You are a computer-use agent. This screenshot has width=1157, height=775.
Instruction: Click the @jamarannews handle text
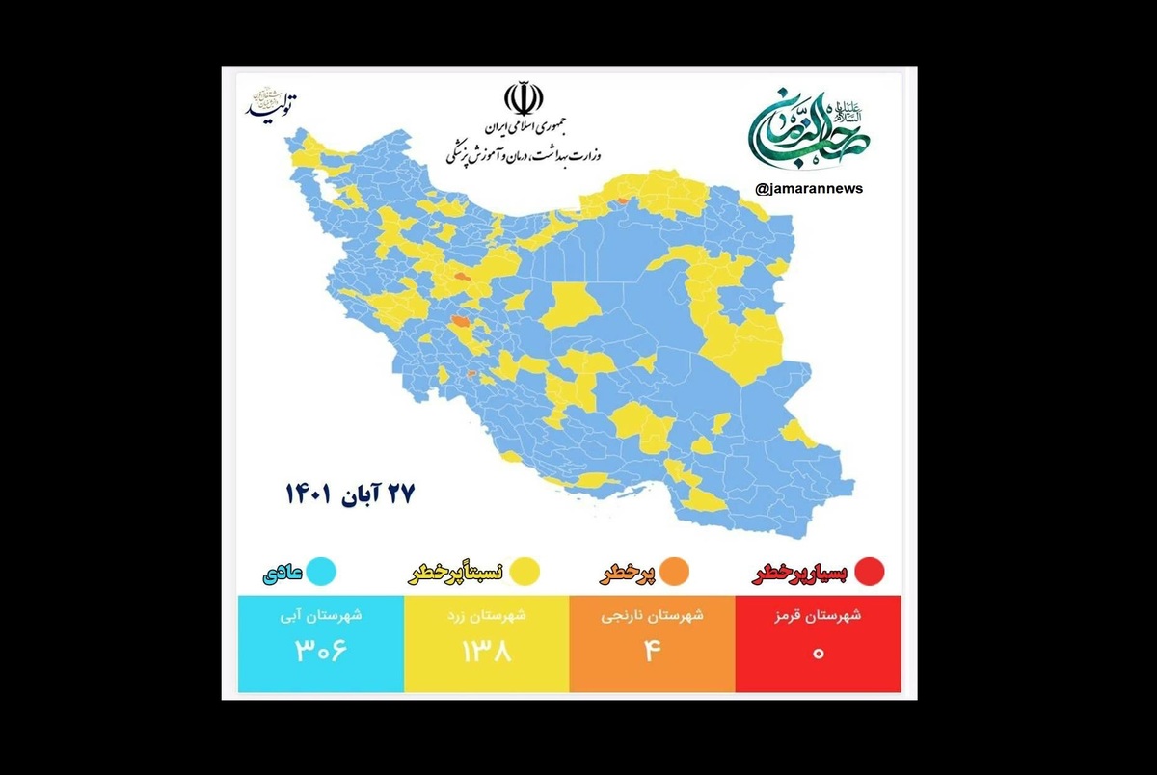point(810,189)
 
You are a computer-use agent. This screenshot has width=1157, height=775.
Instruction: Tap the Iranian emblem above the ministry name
point(524,99)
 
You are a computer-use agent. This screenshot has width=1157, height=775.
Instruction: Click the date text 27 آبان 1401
point(349,495)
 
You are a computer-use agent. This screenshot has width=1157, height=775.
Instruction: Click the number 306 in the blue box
point(320,651)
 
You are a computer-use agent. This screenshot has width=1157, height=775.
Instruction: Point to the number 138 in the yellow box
point(487,651)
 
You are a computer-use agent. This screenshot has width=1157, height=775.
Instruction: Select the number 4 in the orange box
point(652,651)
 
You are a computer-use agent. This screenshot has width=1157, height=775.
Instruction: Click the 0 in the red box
point(819,652)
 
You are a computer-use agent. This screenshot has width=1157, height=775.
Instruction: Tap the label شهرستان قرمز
point(819,616)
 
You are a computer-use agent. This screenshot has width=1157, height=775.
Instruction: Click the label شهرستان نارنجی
point(653,616)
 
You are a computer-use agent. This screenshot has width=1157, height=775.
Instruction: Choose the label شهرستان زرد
point(487,616)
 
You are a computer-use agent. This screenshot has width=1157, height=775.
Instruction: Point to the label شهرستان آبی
point(321,616)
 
